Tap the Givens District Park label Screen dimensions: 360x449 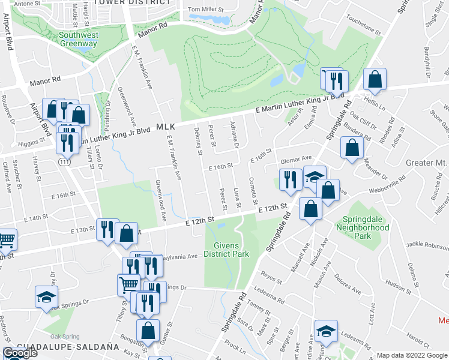[x=226, y=250]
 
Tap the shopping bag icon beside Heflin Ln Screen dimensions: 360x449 [x=375, y=80]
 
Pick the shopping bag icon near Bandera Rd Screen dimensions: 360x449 [x=351, y=148]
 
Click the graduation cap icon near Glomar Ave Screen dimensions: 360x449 [x=314, y=176]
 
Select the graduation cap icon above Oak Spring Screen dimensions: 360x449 [x=46, y=298]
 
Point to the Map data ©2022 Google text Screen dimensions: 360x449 [x=412, y=355]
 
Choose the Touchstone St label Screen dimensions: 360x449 [x=363, y=29]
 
